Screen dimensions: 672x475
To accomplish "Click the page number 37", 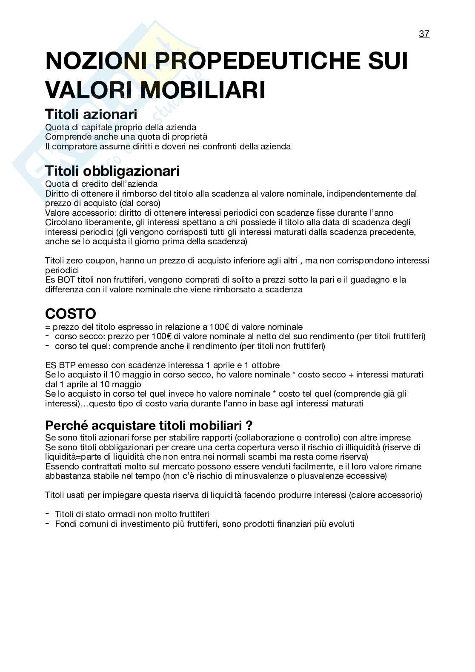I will (424, 34).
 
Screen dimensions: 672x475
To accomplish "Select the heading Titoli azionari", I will (91, 114).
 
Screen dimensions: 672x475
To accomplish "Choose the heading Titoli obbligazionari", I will (112, 171).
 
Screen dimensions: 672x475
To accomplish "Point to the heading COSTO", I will (71, 314).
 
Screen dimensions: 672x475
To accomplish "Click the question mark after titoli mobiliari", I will (249, 425).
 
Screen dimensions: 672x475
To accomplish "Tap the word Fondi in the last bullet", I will (65, 524).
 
